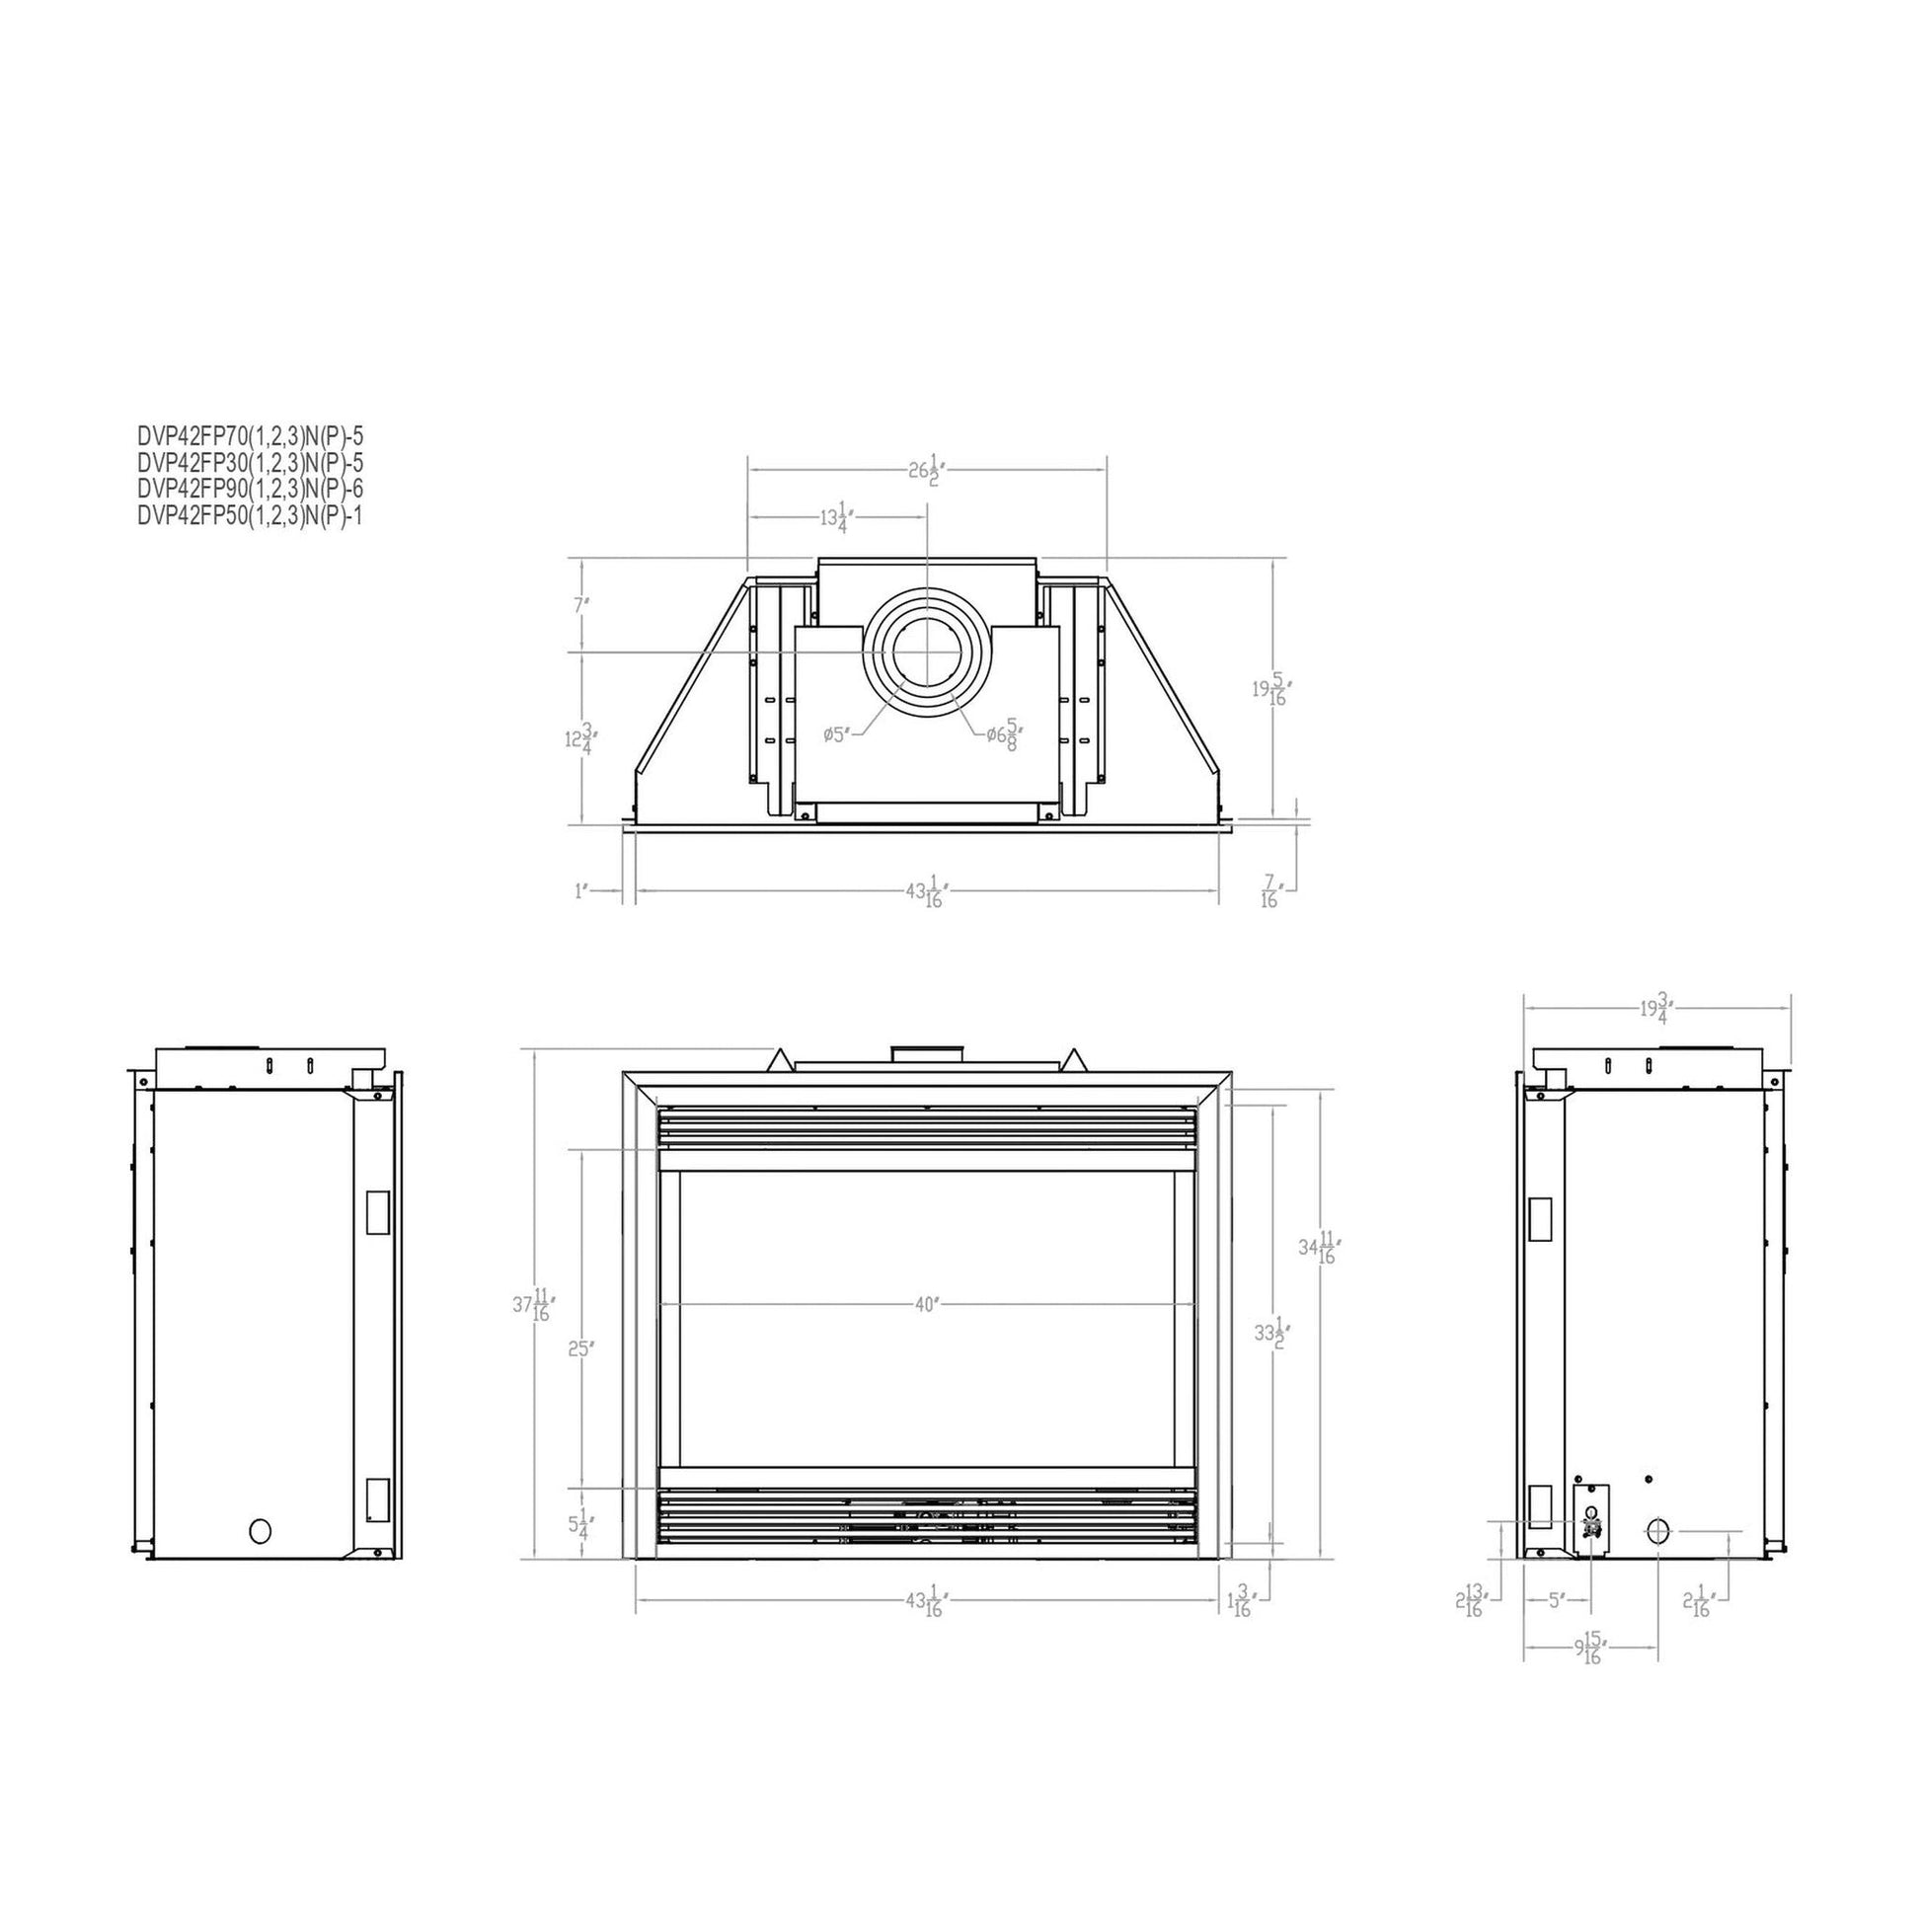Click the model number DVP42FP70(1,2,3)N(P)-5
point(251,435)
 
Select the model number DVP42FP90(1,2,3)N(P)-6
point(251,490)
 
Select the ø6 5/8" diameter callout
point(1004,734)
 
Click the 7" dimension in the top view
point(581,603)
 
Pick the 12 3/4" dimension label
point(579,738)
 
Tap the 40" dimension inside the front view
point(926,1305)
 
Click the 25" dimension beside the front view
point(581,1349)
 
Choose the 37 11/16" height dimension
point(534,1306)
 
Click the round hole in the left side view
point(260,1530)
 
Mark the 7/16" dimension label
point(1269,890)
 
